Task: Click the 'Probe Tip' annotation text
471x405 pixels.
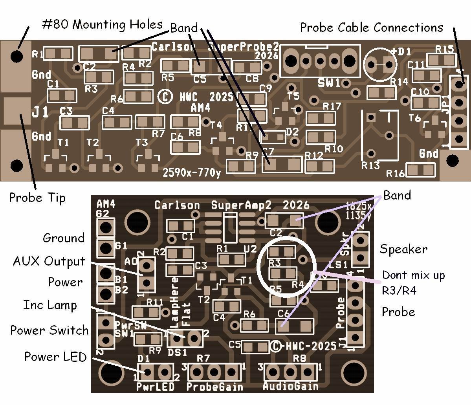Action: click(37, 198)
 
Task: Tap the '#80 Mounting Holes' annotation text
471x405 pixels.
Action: click(102, 25)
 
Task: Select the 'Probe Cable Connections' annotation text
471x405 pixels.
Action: click(371, 27)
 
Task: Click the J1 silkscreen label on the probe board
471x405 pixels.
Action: click(40, 112)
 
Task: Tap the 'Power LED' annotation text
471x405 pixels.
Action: click(55, 357)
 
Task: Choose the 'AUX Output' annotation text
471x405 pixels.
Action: click(49, 261)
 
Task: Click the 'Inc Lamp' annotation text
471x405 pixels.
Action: click(50, 305)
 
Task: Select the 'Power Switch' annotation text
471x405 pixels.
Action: click(49, 330)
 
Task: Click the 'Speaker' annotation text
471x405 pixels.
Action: click(403, 249)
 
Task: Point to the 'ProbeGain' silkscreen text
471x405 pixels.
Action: click(214, 387)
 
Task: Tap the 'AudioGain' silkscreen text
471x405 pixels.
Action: click(290, 386)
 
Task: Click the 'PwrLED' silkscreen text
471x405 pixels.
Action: click(155, 387)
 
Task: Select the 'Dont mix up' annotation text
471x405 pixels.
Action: click(413, 275)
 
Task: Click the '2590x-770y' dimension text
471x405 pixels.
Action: click(192, 172)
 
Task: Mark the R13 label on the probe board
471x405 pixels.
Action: click(370, 165)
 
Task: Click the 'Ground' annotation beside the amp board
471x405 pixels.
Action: click(63, 238)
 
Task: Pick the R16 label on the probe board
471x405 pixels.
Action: click(395, 173)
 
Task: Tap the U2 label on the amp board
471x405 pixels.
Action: click(250, 249)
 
